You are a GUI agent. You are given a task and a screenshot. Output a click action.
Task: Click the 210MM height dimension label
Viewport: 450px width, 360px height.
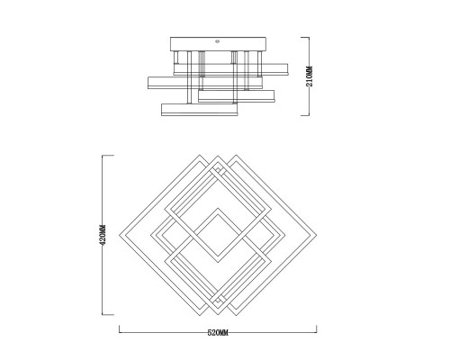pyautogui.click(x=310, y=76)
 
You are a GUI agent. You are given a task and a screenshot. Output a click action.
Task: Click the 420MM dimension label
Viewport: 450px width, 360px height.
pyautogui.click(x=103, y=235)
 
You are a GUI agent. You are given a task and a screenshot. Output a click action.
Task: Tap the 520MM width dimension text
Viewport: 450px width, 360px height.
pyautogui.click(x=218, y=333)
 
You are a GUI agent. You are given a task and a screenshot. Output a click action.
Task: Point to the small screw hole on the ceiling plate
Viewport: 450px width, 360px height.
pyautogui.click(x=218, y=41)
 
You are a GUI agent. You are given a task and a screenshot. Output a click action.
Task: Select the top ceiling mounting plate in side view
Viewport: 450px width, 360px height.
pyautogui.click(x=218, y=44)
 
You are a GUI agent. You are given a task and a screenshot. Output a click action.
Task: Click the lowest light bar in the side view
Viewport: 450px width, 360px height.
pyautogui.click(x=200, y=110)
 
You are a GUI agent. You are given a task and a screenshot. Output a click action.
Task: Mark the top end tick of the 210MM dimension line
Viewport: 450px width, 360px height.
pyautogui.click(x=305, y=37)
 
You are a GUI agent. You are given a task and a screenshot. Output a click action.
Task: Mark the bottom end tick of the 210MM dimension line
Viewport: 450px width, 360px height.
pyautogui.click(x=305, y=115)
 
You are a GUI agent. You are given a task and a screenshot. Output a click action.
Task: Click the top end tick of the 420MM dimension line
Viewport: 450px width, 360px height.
pyautogui.click(x=108, y=156)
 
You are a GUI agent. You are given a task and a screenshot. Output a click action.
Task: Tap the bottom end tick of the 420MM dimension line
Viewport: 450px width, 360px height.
pyautogui.click(x=108, y=315)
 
